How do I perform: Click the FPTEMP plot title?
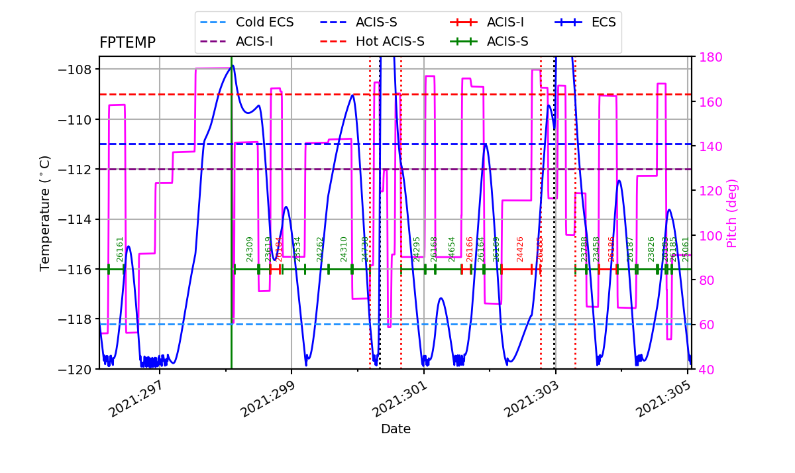click(127, 43)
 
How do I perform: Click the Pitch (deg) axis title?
click(732, 213)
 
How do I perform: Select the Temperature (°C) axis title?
click(45, 213)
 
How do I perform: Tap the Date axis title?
click(396, 429)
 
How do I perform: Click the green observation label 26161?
click(120, 249)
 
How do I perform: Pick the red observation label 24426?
click(520, 249)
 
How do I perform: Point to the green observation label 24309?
click(250, 249)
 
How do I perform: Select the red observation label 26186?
click(611, 249)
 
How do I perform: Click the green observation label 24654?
click(452, 249)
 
